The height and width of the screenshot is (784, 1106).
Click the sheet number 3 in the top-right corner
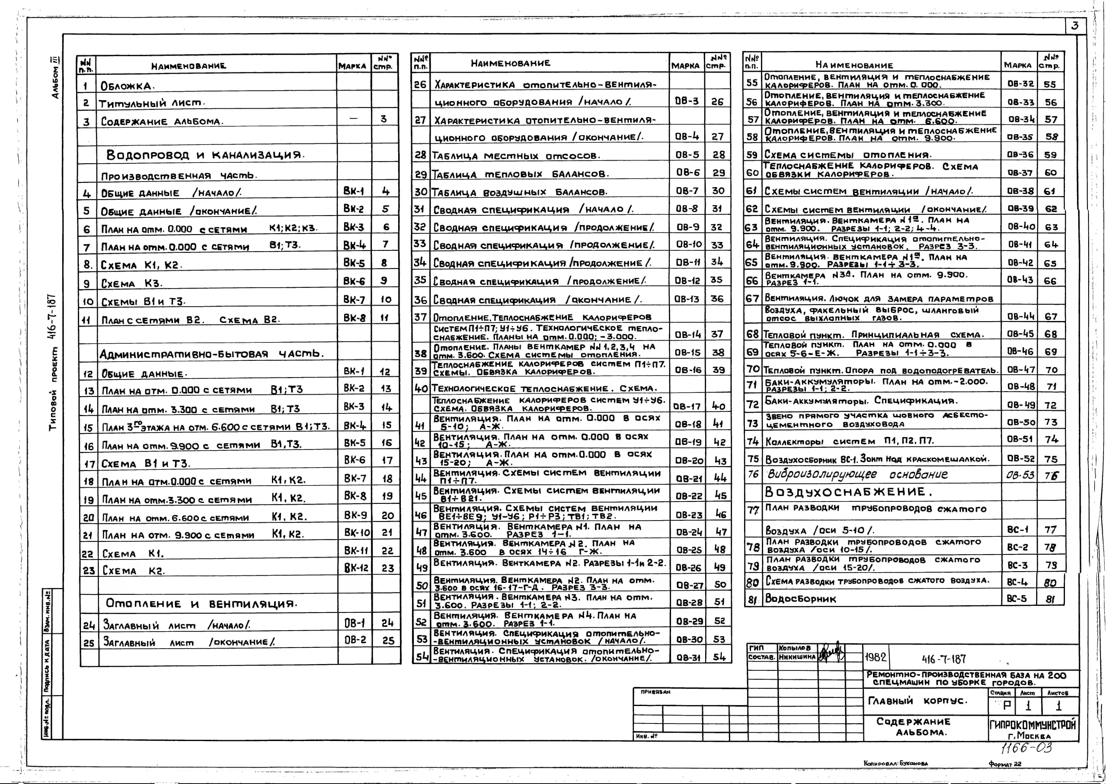coord(1075,26)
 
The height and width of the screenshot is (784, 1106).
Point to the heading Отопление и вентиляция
coord(201,603)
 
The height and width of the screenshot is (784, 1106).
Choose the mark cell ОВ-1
coord(355,623)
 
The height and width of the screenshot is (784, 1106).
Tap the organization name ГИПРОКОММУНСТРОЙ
coord(1033,725)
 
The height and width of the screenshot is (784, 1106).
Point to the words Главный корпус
coord(918,701)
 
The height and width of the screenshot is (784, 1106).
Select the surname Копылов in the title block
coord(794,648)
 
